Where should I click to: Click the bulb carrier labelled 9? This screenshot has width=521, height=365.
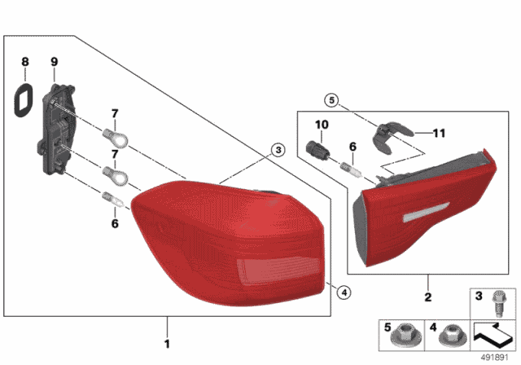click(57, 129)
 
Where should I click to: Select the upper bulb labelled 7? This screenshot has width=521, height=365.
click(115, 139)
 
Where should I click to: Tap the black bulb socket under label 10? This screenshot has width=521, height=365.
click(317, 150)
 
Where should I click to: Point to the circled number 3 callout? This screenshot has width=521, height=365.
click(278, 150)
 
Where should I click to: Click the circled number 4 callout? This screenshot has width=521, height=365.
click(344, 292)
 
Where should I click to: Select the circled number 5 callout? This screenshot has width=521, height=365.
click(331, 99)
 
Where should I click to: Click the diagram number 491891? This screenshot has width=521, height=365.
click(494, 358)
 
